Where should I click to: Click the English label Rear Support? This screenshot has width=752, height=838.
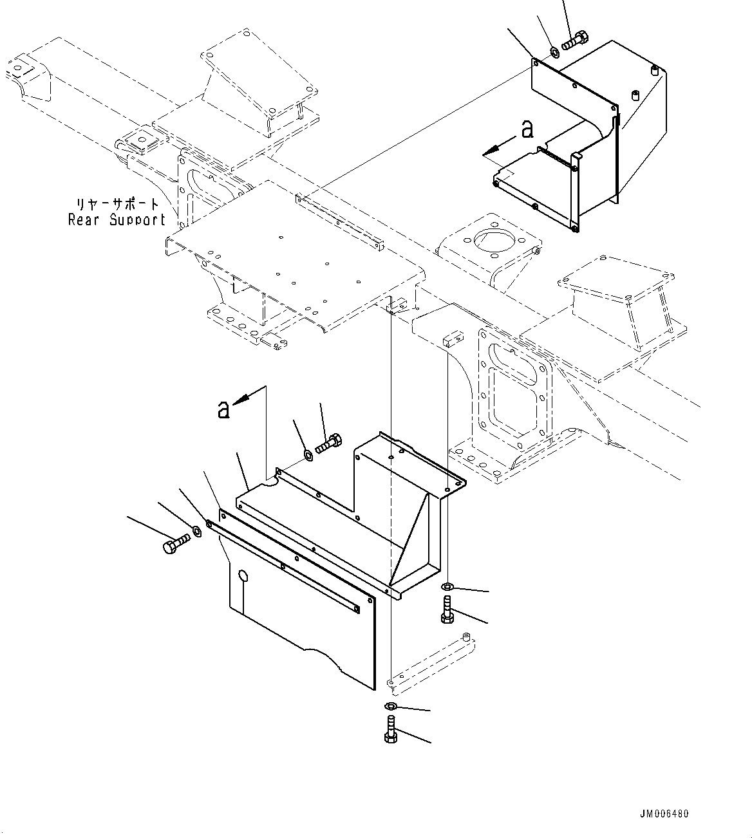pos(117,219)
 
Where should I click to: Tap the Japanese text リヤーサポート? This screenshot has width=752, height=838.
pos(118,204)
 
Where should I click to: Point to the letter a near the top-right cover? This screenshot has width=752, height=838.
pos(527,129)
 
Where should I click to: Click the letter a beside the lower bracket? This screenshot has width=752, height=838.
pos(223,409)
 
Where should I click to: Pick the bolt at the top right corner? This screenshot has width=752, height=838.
pos(573,41)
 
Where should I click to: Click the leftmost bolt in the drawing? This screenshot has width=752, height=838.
pos(174,544)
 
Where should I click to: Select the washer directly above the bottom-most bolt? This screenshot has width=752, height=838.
pos(390,707)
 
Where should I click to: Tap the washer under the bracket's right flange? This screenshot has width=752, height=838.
pos(446,586)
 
